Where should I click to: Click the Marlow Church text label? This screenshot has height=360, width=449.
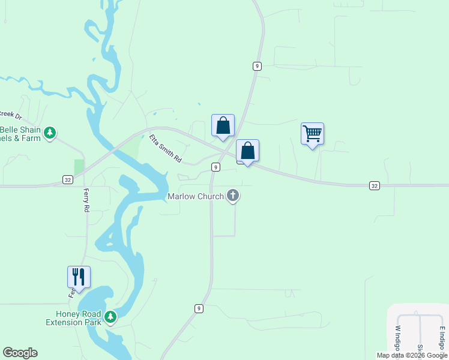[196, 196]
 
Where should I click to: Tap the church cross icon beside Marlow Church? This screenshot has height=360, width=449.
[233, 196]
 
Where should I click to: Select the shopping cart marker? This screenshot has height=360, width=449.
[312, 134]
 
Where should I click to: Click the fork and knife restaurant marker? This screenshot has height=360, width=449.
[79, 277]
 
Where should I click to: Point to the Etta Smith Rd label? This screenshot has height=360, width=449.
[165, 149]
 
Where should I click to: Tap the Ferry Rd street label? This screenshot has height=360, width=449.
[86, 200]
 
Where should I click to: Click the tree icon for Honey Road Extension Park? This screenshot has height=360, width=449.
[110, 316]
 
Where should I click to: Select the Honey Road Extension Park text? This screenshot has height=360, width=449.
[74, 318]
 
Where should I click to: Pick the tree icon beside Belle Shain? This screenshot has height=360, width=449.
[51, 132]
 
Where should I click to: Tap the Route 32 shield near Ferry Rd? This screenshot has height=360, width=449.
[68, 179]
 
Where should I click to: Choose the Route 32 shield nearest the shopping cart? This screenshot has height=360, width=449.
[374, 186]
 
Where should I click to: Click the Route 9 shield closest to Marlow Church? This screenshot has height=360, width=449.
[215, 167]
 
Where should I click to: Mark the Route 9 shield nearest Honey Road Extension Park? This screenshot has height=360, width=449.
[198, 308]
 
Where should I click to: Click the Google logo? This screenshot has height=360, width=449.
[20, 353]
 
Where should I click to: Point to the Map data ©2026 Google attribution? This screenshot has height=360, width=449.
[412, 355]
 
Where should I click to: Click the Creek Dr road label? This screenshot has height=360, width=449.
[10, 114]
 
